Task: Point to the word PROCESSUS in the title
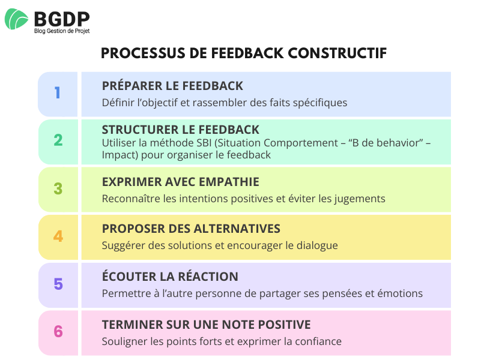[x=136, y=53]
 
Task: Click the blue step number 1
[x=58, y=93]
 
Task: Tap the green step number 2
[x=58, y=140]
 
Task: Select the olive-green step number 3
[x=58, y=188]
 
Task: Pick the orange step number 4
[x=58, y=236]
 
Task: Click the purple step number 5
[x=58, y=284]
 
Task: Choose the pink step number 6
[x=58, y=331]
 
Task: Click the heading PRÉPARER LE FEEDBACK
[x=172, y=85]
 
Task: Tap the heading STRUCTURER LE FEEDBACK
[x=180, y=130]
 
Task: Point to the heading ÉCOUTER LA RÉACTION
[x=170, y=277]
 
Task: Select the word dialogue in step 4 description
[x=317, y=245]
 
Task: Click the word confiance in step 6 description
[x=319, y=341]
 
